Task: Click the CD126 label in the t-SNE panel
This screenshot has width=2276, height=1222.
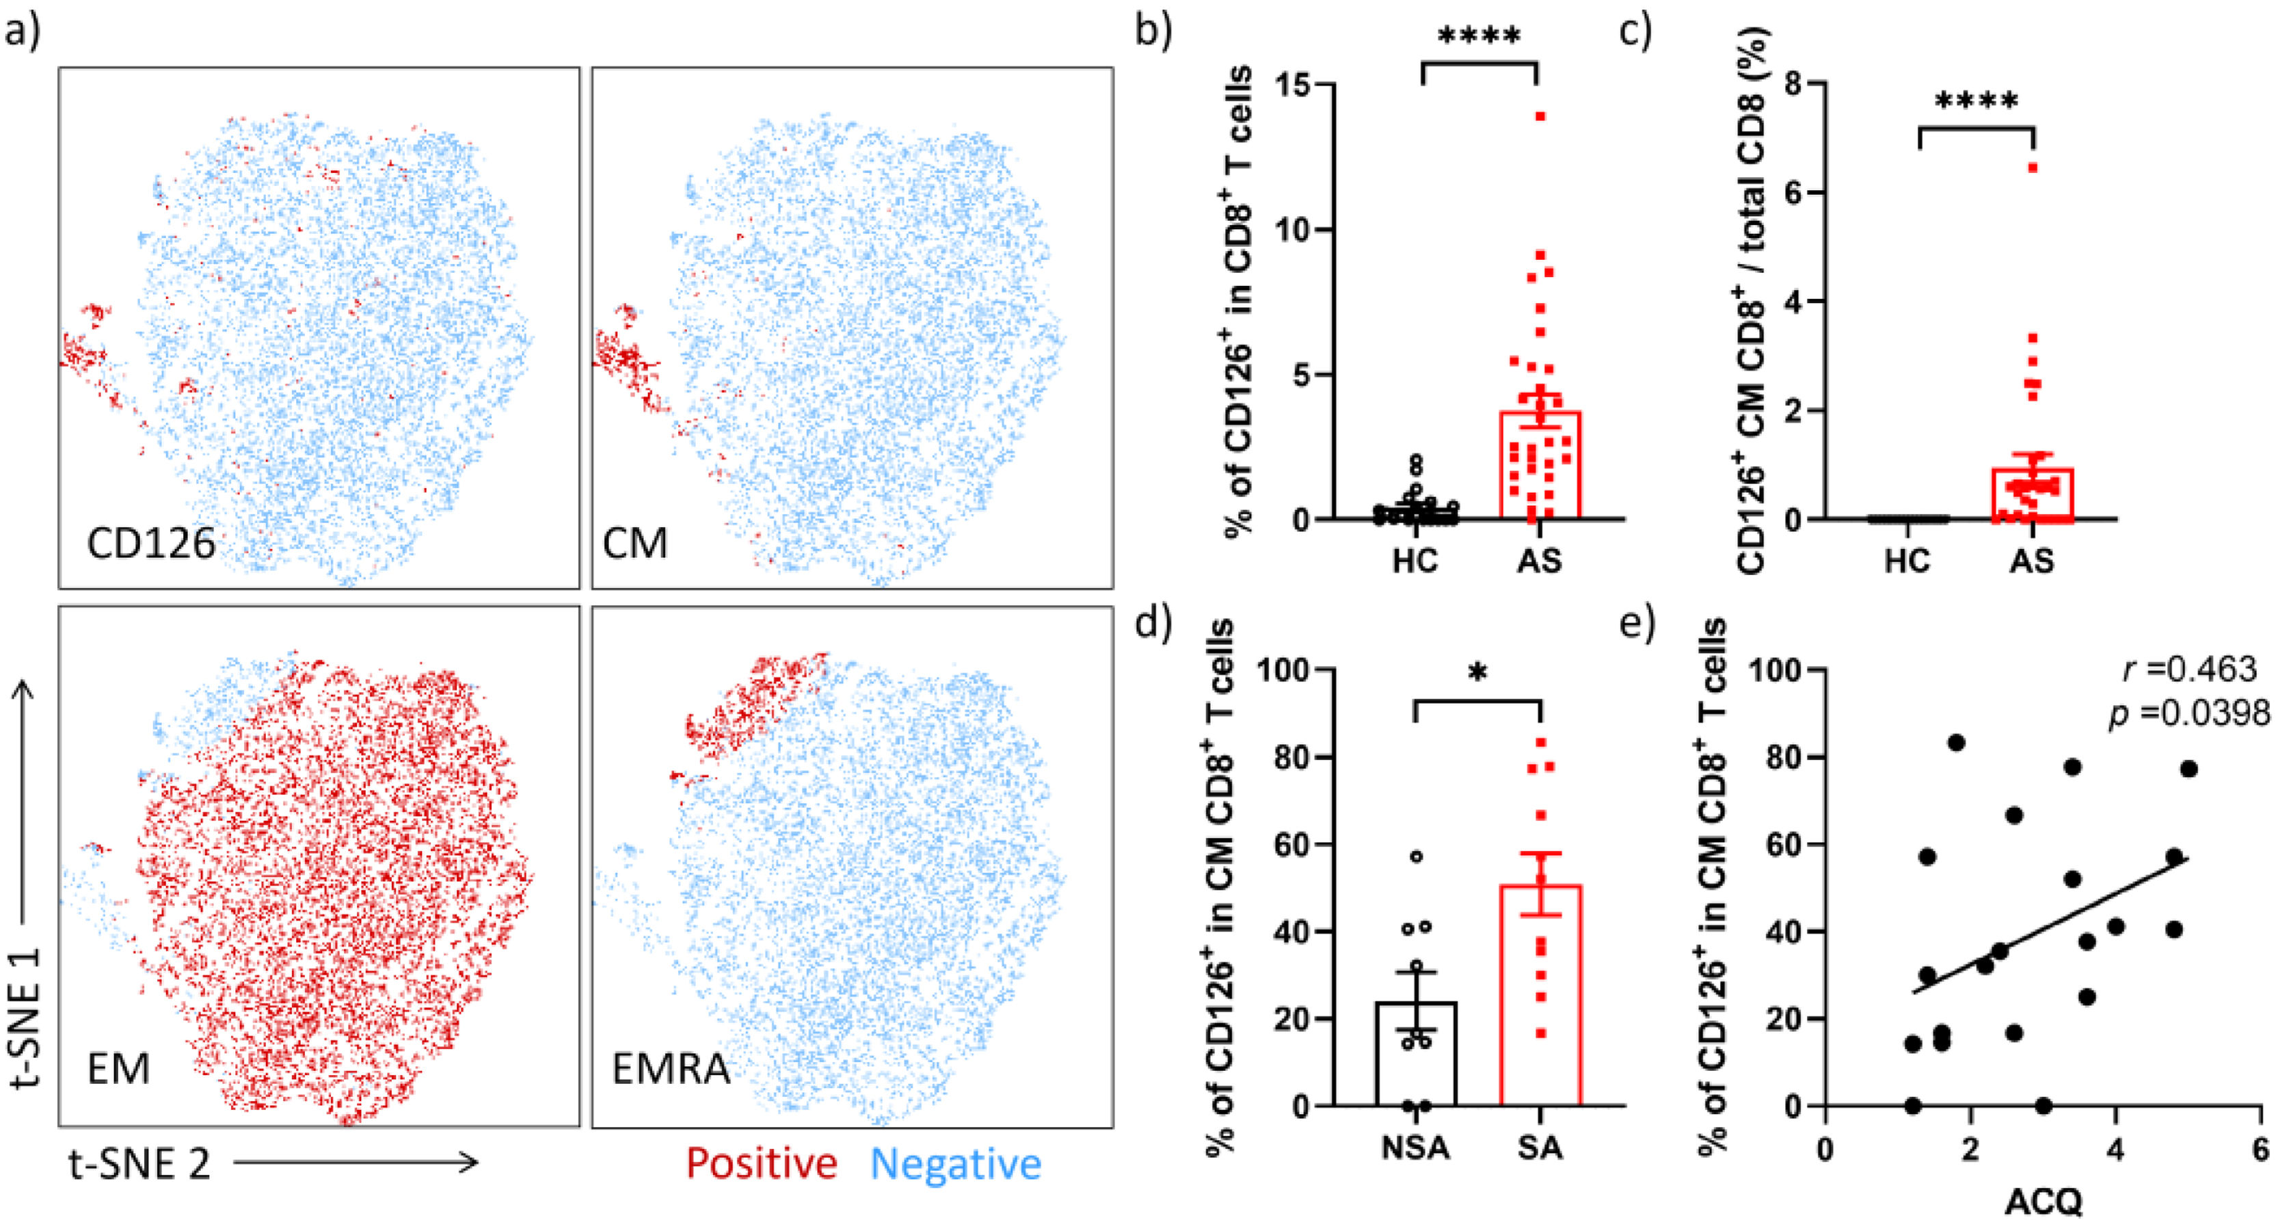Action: (151, 542)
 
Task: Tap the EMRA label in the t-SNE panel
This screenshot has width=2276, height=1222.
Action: (671, 1069)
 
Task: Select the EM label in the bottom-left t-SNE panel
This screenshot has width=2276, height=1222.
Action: (118, 1069)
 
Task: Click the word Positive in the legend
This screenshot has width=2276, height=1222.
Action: (762, 1164)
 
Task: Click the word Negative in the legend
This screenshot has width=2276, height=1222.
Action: (956, 1164)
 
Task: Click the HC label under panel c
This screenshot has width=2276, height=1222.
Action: (1907, 561)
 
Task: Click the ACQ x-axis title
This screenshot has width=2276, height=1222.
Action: (2042, 1201)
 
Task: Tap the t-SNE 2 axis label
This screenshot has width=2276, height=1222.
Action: (139, 1164)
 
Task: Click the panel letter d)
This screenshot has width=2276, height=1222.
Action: (1153, 624)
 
